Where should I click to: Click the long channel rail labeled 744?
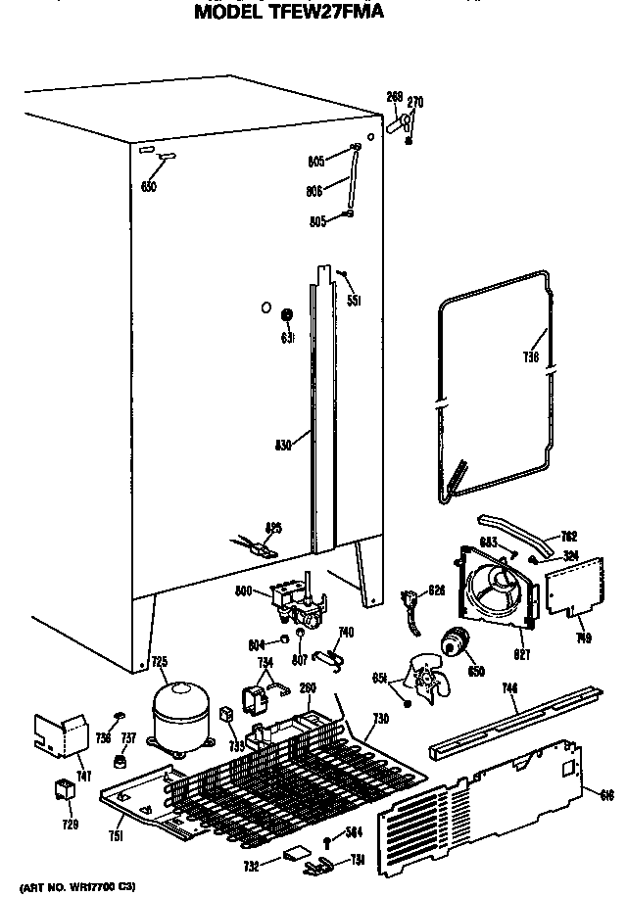[x=509, y=723]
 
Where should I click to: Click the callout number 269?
[x=394, y=96]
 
